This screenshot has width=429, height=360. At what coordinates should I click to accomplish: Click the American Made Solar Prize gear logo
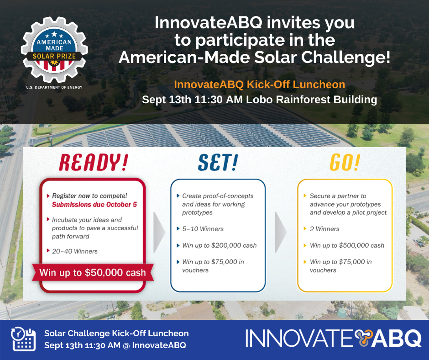point(54,50)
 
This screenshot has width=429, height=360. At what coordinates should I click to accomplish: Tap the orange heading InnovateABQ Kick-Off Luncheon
point(259,85)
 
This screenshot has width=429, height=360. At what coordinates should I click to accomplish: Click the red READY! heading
point(94,163)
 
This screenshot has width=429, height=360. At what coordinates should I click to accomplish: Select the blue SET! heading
point(218,163)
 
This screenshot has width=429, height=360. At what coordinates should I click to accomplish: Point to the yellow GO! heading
point(345,163)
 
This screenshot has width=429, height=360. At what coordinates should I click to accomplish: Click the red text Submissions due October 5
point(94,205)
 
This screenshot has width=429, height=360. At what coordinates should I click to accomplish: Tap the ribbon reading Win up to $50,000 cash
point(93,273)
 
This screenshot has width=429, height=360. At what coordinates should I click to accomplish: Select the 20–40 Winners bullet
point(75,251)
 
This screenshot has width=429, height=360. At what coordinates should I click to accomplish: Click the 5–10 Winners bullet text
point(203,229)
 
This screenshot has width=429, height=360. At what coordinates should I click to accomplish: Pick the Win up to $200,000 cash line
point(220,245)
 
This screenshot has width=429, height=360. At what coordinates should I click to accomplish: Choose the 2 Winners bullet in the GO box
point(324,229)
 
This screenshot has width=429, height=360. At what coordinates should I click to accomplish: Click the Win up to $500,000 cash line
point(347,245)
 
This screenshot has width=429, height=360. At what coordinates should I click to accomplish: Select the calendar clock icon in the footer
point(23,339)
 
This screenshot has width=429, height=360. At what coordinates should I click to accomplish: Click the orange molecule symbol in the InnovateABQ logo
point(363,338)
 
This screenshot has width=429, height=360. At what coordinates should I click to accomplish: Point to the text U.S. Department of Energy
point(54,87)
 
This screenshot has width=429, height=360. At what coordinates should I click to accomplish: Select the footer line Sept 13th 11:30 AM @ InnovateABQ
point(115,345)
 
